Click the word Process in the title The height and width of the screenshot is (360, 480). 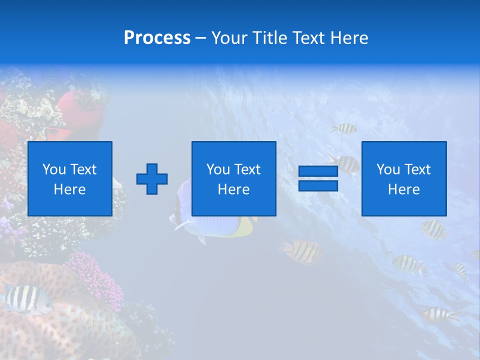[157, 38]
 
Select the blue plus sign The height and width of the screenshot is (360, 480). [152, 178]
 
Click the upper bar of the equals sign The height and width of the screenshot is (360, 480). [318, 171]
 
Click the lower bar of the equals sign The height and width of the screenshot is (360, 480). [318, 185]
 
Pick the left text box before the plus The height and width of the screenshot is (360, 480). [70, 178]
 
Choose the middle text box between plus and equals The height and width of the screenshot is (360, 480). [233, 178]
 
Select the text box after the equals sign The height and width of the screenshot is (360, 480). [404, 178]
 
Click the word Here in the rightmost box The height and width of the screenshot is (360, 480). [404, 189]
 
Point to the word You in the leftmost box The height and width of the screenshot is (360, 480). [53, 169]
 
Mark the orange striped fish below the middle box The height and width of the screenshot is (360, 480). [303, 251]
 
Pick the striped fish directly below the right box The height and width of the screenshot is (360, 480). [433, 229]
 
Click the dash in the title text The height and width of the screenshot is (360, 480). [201, 38]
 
